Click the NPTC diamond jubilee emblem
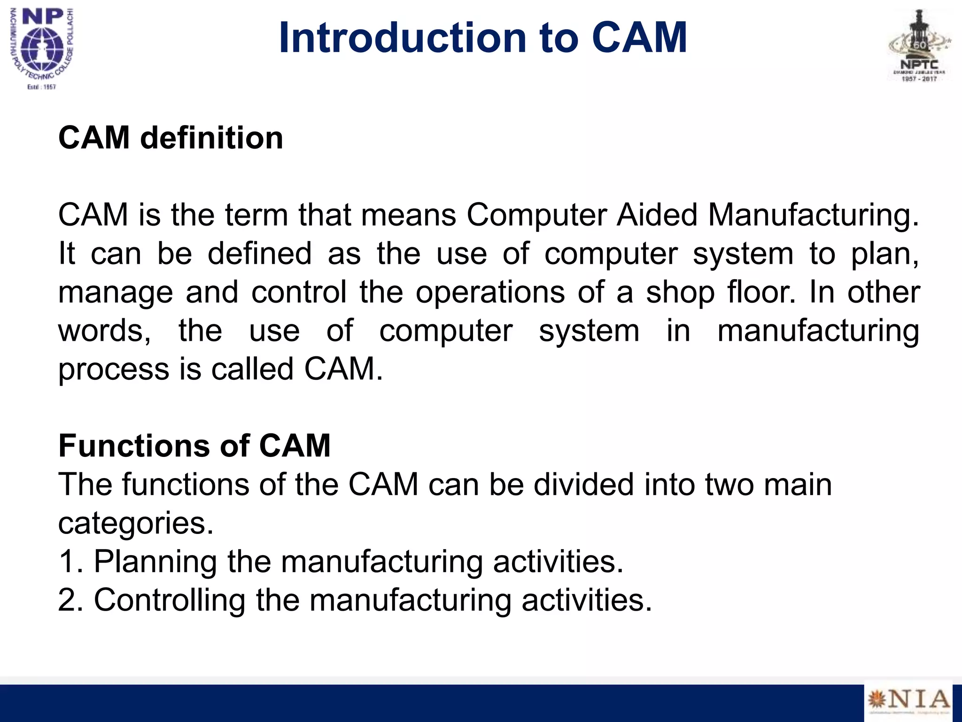coord(919,47)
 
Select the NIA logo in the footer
coord(908,701)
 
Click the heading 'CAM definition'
coord(171,138)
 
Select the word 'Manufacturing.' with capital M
coord(813,215)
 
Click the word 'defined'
coord(259,254)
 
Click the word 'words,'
coord(104,331)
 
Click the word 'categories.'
coord(136,524)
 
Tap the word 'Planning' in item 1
coord(155,562)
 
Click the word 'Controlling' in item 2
coord(170,601)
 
